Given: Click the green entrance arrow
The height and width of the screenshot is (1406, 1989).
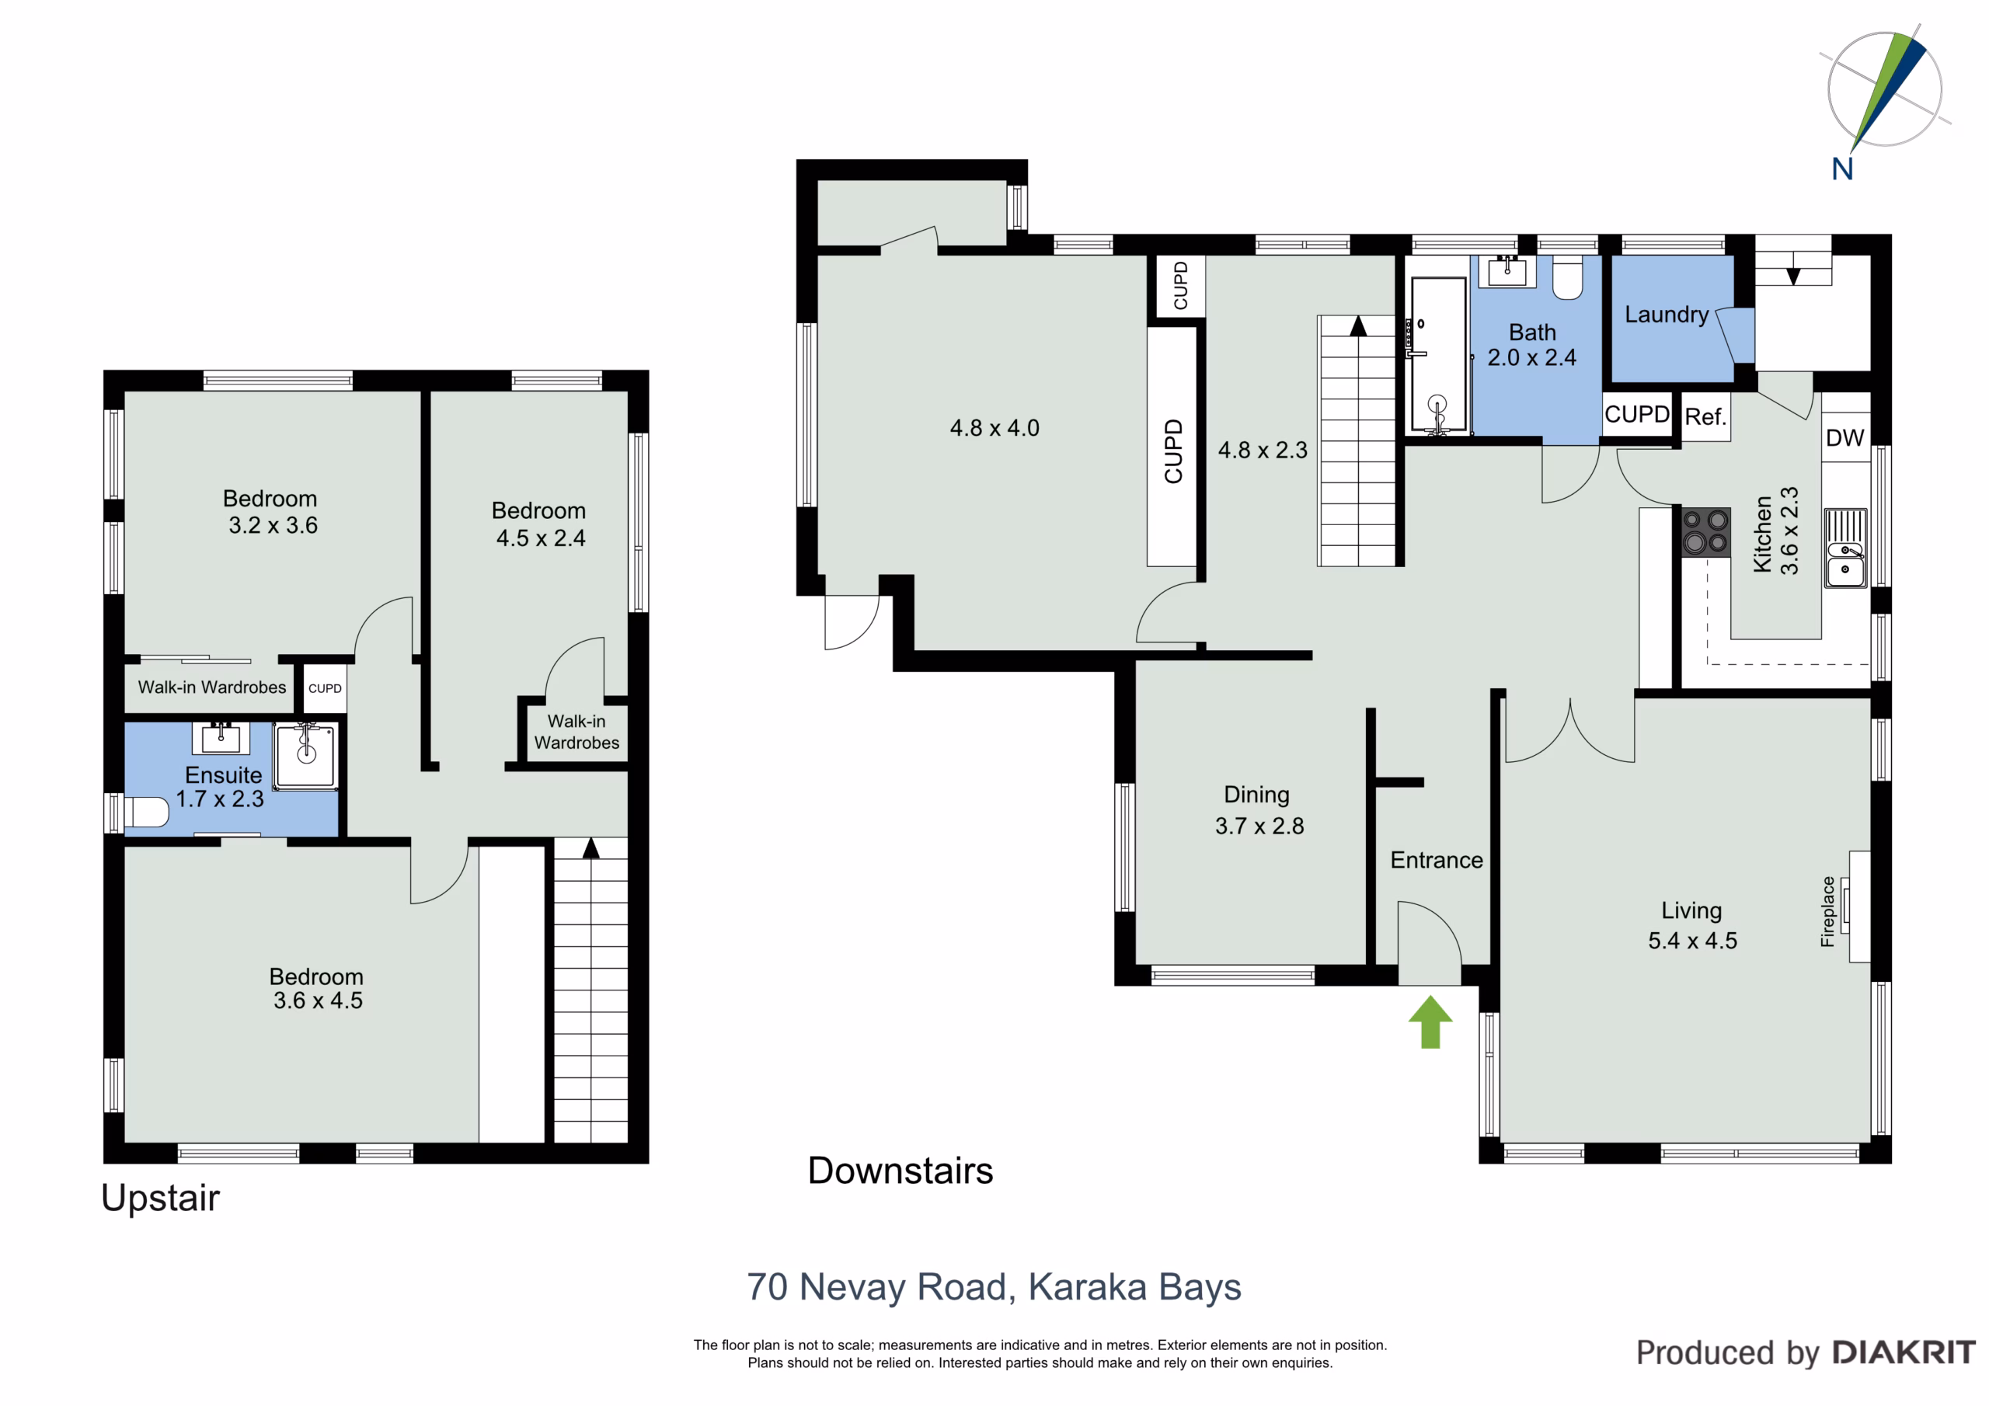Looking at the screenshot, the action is (1430, 1022).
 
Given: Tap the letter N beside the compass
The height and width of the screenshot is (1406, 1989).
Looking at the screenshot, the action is (1843, 169).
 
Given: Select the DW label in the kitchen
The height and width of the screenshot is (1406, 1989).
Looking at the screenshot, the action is (1844, 437).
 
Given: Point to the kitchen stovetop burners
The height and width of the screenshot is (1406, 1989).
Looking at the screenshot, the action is (1705, 532).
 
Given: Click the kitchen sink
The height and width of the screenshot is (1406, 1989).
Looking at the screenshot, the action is (1845, 548).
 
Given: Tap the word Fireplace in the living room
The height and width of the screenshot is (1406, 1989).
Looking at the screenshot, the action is (1828, 911).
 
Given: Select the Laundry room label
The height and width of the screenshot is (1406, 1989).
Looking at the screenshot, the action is (1667, 315).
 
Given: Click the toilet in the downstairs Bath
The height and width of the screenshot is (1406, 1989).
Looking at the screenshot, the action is (1567, 277).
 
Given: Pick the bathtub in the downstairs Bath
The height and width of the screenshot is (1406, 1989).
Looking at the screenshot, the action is (1438, 354).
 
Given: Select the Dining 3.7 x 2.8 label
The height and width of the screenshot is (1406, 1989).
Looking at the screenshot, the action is (1259, 810).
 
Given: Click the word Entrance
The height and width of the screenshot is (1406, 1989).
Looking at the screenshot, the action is (1437, 860).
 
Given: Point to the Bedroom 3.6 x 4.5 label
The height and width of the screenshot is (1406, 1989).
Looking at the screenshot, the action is (316, 988).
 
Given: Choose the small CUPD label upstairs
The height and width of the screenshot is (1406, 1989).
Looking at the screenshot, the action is (325, 689).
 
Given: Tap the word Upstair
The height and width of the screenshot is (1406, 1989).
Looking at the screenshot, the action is (160, 1199).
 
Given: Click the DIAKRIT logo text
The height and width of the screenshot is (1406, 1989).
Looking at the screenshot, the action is (1904, 1352).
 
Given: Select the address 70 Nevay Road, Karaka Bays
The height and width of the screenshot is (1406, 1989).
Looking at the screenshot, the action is (994, 1287).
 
